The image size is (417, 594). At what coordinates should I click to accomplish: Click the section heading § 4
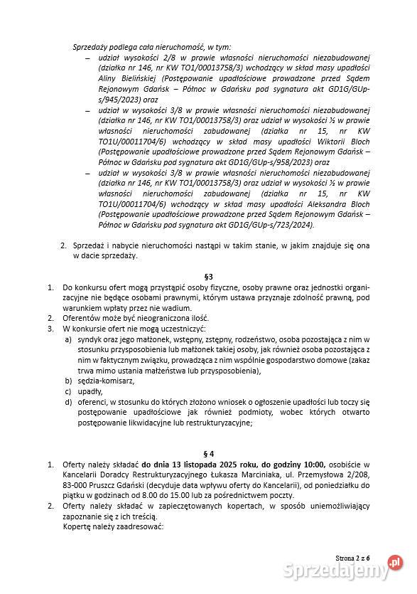pos(208,452)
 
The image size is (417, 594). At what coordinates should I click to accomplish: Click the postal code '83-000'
pos(75,484)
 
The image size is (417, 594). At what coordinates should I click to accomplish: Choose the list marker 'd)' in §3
pos(68,402)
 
